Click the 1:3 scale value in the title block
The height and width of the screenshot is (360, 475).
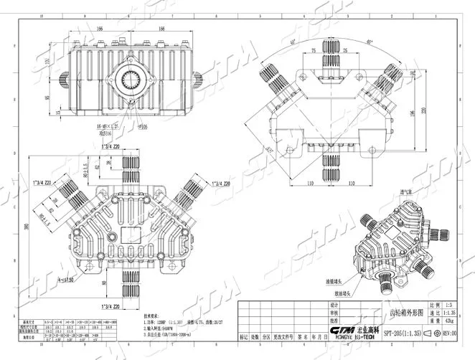click(450, 305)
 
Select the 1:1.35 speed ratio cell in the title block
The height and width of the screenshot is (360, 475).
click(450, 314)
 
